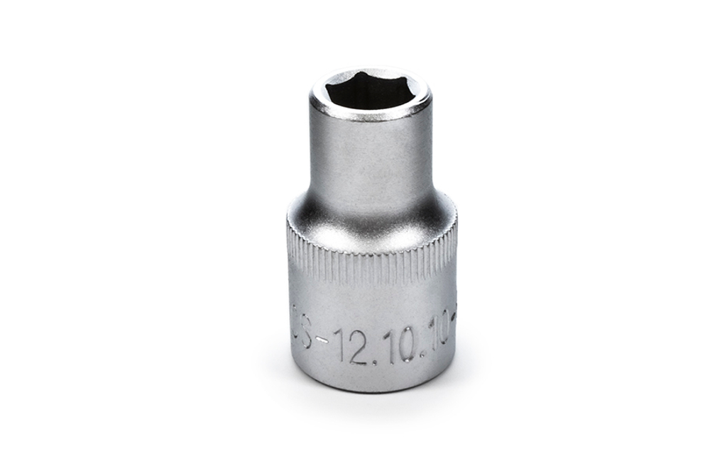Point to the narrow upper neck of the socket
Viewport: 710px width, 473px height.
(x=370, y=156)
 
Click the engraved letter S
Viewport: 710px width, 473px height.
(x=306, y=332)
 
